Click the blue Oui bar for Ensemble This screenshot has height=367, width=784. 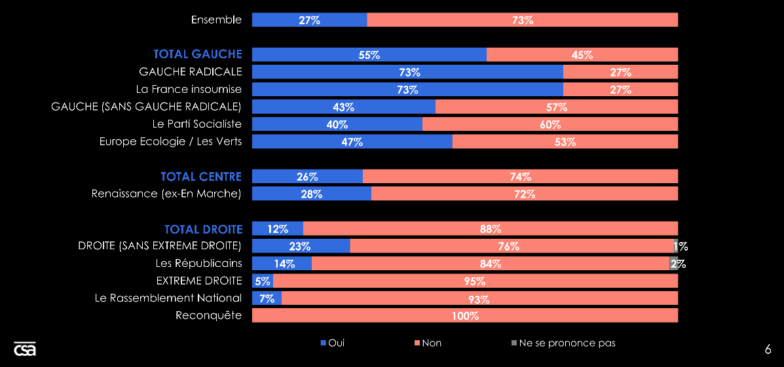point(309,20)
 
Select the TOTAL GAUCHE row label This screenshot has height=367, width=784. point(198,54)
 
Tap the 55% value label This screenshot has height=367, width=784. point(369,55)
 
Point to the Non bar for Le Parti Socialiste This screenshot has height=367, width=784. point(550,124)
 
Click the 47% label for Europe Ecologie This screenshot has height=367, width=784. point(352,142)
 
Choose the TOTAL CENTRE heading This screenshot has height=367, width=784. point(201,177)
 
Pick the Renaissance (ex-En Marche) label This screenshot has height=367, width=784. point(166,194)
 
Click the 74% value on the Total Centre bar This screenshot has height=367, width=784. point(521,177)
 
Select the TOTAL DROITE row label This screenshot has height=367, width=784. point(203,229)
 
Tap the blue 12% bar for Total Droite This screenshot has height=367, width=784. point(278,229)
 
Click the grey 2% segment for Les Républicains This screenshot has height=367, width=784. point(673,264)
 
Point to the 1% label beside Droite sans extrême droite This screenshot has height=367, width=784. point(682,247)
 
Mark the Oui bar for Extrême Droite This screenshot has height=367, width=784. point(262,281)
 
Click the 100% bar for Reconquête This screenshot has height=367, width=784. point(465,316)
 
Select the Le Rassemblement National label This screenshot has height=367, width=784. point(168,298)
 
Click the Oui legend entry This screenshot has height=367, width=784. point(332,343)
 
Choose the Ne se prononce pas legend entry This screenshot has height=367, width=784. point(563,343)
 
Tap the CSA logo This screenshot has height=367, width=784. point(25,349)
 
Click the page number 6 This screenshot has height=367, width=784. point(768,349)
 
